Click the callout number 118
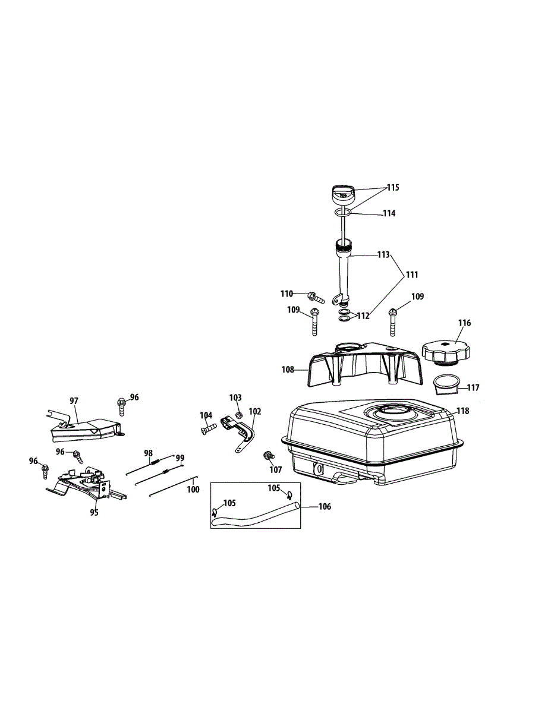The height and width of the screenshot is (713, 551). [x=462, y=411]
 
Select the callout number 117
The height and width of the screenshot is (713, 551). [x=473, y=388]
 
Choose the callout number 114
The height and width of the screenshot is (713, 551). [x=389, y=213]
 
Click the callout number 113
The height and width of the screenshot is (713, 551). [x=383, y=255]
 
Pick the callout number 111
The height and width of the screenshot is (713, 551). [x=411, y=275]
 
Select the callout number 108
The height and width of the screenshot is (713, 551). [x=288, y=370]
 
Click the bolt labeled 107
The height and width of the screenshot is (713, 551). [x=269, y=456]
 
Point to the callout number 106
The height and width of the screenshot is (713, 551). [x=325, y=507]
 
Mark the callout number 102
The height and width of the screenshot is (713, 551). [x=255, y=411]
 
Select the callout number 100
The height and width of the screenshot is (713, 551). [x=193, y=490]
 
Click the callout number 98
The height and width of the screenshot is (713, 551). [x=149, y=453]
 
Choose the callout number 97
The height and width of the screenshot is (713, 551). [x=74, y=401]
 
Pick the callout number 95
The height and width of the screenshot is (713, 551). [x=94, y=513]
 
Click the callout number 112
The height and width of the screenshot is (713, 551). [x=363, y=316]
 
